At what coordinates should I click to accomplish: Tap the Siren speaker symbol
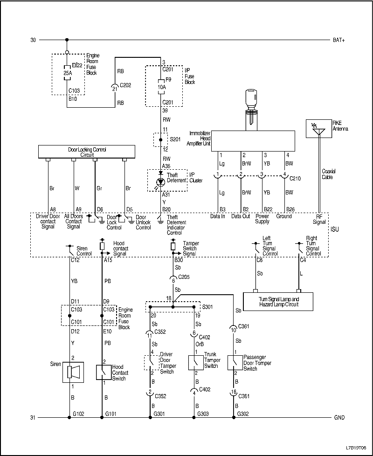click(73, 372)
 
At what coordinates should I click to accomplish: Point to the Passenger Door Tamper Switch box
click(234, 362)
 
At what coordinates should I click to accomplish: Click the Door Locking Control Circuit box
click(86, 152)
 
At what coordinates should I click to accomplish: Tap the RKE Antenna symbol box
click(319, 129)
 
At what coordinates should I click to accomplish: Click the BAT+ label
click(339, 40)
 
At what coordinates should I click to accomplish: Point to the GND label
click(339, 418)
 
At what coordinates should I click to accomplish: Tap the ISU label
click(335, 229)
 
